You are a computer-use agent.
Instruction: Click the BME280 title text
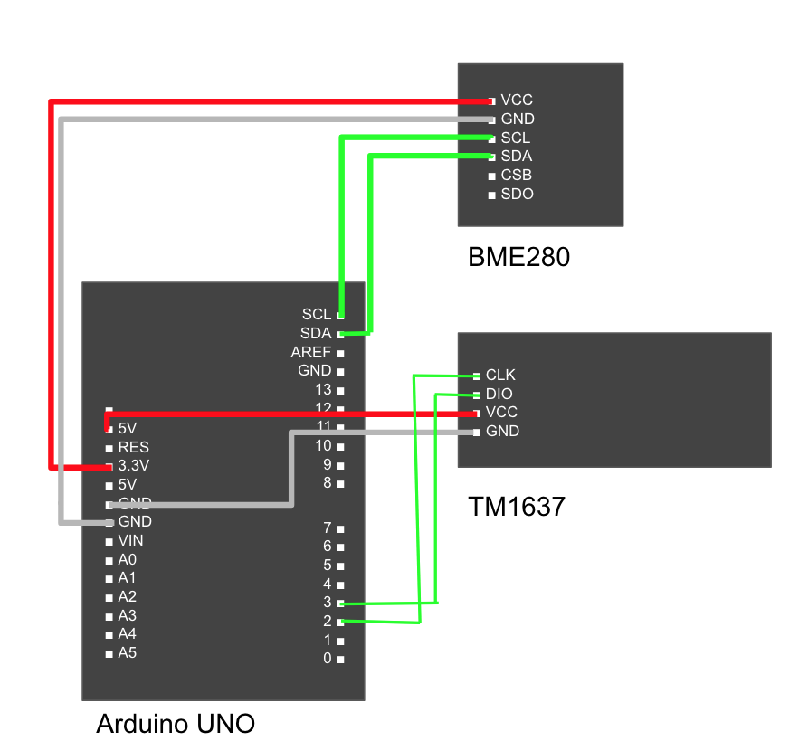pyautogui.click(x=518, y=258)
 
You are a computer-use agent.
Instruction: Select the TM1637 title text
pyautogui.click(x=516, y=507)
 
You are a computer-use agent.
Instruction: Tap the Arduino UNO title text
pyautogui.click(x=176, y=724)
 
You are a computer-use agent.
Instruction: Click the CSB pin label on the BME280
pyautogui.click(x=516, y=176)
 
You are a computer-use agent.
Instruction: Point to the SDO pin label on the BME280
pyautogui.click(x=517, y=195)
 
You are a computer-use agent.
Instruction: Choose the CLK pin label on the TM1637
pyautogui.click(x=500, y=375)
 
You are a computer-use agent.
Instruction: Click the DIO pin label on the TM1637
pyautogui.click(x=499, y=394)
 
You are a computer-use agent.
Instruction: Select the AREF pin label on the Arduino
pyautogui.click(x=310, y=352)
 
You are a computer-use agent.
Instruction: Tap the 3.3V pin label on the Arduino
pyautogui.click(x=133, y=466)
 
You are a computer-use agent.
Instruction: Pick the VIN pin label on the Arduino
pyautogui.click(x=130, y=541)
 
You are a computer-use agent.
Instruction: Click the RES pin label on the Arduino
pyautogui.click(x=133, y=447)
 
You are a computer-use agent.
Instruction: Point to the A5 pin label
pyautogui.click(x=127, y=652)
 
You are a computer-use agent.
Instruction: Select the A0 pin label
pyautogui.click(x=127, y=560)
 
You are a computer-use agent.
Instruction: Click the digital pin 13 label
pyautogui.click(x=323, y=390)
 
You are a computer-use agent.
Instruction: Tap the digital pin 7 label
pyautogui.click(x=328, y=528)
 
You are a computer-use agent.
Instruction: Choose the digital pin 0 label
pyautogui.click(x=328, y=659)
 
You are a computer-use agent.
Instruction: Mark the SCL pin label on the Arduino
pyautogui.click(x=317, y=314)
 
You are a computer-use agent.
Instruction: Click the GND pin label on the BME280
pyautogui.click(x=517, y=119)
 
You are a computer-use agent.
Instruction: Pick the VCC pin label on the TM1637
pyautogui.click(x=501, y=413)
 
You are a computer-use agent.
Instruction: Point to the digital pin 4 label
pyautogui.click(x=328, y=584)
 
